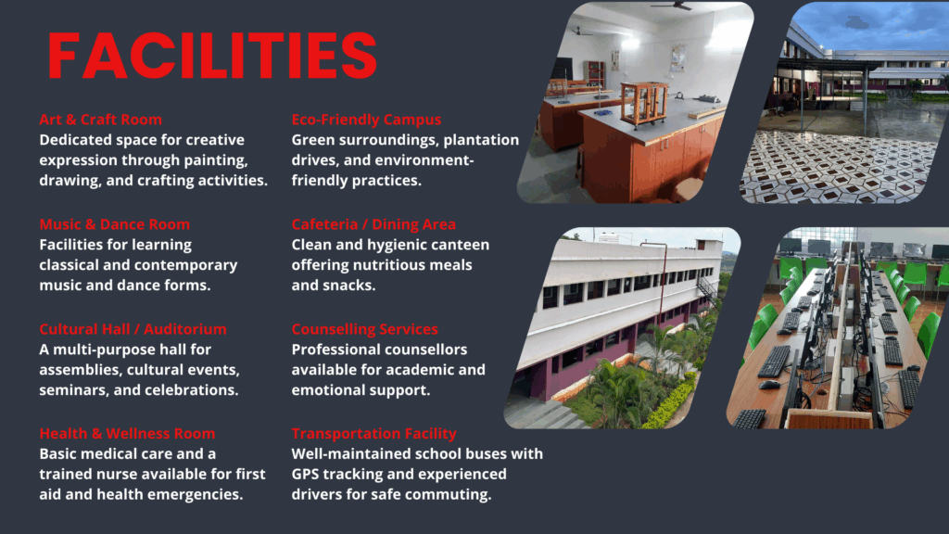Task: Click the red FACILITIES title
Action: pos(212,56)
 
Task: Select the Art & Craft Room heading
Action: pos(100,120)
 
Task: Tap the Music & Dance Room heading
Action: pos(114,224)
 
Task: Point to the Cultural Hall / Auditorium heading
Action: pos(133,329)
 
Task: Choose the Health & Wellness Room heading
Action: pos(127,434)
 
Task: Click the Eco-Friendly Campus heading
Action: pos(366,120)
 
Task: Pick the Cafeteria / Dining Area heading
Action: pos(373,224)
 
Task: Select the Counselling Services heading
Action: pos(364,329)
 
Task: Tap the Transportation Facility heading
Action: pos(374,434)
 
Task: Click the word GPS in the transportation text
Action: pos(306,474)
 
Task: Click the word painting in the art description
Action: pos(217,160)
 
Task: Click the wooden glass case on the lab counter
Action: pos(644,104)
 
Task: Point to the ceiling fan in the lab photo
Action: pos(673,6)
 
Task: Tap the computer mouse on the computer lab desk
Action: pos(769,385)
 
